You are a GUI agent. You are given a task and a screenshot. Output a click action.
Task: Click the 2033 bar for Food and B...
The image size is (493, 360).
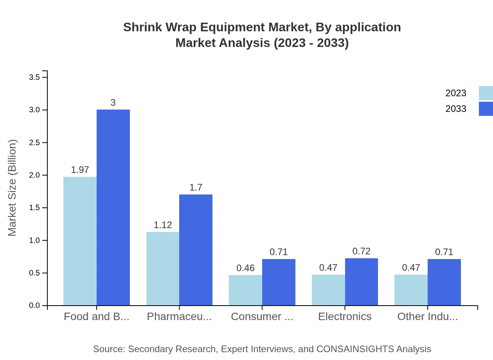[x=113, y=207]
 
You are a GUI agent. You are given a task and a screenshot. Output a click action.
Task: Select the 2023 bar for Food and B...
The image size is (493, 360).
[x=80, y=241]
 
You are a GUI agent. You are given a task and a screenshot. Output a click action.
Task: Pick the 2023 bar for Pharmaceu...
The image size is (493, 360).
[x=163, y=268]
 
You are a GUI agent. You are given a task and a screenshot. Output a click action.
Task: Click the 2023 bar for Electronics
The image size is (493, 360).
[x=328, y=290]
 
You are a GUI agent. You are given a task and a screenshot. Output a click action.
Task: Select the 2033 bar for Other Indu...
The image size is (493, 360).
[x=444, y=282]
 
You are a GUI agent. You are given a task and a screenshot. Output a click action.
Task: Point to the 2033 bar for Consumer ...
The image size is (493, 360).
[x=279, y=282]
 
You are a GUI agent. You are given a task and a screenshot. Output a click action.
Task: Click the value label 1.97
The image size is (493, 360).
[x=80, y=170]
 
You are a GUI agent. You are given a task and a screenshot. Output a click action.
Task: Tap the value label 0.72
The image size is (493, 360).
[x=361, y=251]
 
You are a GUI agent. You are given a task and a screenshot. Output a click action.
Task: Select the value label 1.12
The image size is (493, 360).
[x=163, y=225]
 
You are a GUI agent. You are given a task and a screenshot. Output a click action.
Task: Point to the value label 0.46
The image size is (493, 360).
[x=245, y=268]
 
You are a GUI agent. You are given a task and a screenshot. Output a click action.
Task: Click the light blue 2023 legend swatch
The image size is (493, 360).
[x=486, y=93]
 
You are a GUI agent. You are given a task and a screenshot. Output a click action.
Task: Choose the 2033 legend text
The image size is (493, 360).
[x=456, y=109]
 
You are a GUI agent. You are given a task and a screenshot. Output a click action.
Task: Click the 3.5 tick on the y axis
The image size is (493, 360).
[x=35, y=77]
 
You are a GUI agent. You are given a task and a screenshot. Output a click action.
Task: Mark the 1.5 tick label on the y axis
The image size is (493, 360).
[x=35, y=208]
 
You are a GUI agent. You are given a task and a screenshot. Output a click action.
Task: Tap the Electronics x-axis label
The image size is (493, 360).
[x=345, y=317]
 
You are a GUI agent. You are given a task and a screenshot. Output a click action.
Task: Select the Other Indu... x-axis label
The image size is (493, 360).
[x=427, y=317]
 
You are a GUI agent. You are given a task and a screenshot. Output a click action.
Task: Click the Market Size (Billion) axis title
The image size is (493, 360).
[x=13, y=188]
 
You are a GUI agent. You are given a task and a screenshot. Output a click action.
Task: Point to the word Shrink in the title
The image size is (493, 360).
[x=142, y=27]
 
